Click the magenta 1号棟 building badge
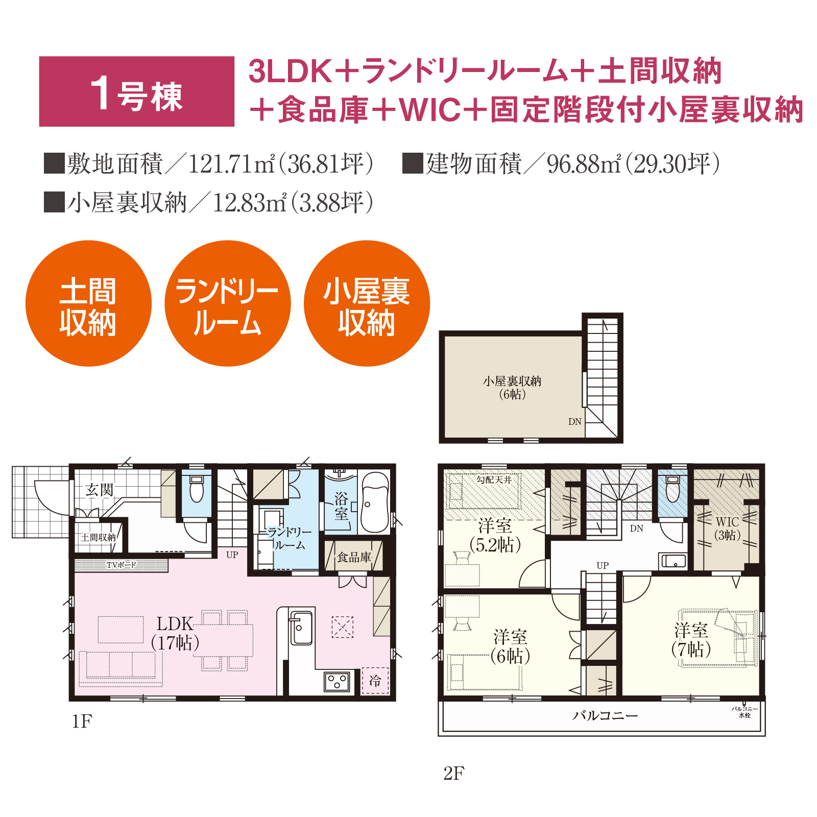coord(136,91)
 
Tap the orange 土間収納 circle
coord(88,303)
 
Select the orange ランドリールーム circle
coord(228,303)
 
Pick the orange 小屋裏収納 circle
coord(367,303)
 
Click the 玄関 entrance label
coord(99,490)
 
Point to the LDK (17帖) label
coord(175,633)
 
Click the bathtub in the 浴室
coord(375,502)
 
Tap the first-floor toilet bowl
coord(197,489)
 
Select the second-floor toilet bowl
coord(673,489)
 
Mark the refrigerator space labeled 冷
coord(375,681)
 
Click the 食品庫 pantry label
coord(354,557)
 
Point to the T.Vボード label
coord(121,565)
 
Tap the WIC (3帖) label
coord(728,528)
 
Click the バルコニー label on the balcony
coord(606,715)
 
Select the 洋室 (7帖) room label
coord(691,640)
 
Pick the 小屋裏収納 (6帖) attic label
coord(512,388)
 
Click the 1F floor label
coord(82,722)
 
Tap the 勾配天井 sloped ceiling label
coord(494,480)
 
